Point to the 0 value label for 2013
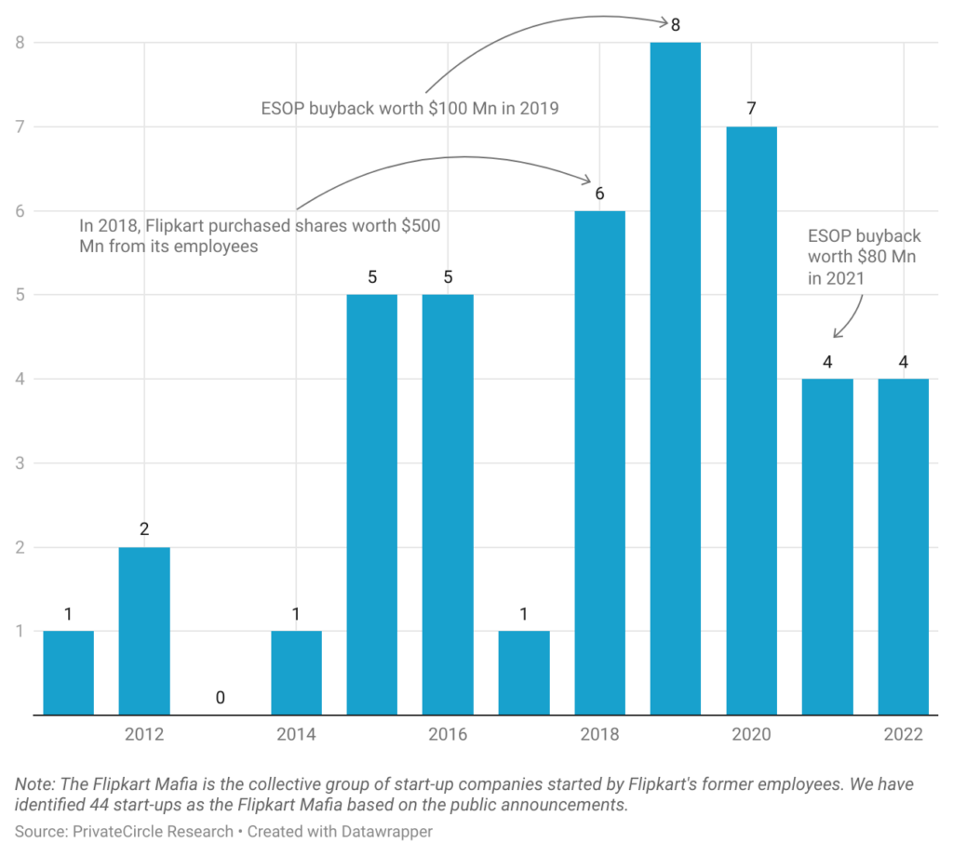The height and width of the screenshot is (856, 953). (x=221, y=698)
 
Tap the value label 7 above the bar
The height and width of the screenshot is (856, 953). (x=751, y=108)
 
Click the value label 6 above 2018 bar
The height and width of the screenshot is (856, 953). (x=600, y=194)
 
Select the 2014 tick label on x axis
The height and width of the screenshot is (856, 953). (x=296, y=735)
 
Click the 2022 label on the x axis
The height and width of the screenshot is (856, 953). (x=904, y=735)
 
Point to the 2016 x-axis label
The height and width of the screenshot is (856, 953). (x=448, y=735)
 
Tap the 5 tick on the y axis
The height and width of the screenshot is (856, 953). (x=18, y=295)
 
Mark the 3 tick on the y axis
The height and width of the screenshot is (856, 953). (x=18, y=463)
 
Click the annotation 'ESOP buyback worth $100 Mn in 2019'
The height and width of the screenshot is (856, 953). (x=409, y=108)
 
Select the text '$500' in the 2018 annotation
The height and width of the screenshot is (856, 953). (x=419, y=225)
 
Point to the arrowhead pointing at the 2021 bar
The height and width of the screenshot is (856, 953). (x=836, y=333)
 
